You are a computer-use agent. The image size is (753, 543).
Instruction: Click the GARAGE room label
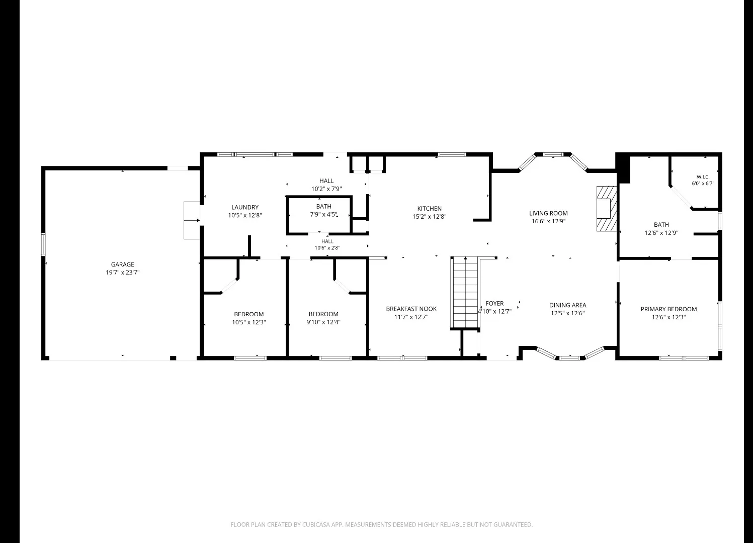122,264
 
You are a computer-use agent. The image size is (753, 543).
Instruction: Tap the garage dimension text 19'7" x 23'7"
122,273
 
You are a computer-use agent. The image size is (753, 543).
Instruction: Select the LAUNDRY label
245,207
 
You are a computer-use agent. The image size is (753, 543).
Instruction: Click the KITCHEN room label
429,208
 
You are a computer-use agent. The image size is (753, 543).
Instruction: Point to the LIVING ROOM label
548,213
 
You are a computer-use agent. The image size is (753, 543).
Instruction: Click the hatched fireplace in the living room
607,209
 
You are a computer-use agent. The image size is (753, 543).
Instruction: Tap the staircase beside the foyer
466,293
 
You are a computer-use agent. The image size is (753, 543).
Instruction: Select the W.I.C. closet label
703,177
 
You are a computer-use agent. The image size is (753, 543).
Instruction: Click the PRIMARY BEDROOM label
668,309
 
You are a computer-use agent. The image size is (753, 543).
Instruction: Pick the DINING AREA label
567,305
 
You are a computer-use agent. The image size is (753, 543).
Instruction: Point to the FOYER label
494,303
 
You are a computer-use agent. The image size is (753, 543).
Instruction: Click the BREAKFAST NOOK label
411,309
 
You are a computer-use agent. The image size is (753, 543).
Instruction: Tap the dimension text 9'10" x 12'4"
323,322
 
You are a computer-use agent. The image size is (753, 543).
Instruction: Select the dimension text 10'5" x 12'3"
249,322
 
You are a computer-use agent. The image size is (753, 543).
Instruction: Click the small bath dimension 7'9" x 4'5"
324,214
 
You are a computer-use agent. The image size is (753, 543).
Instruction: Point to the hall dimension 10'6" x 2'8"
327,248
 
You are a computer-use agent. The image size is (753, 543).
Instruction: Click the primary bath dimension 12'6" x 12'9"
661,233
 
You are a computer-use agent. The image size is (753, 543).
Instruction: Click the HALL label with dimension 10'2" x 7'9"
326,181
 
